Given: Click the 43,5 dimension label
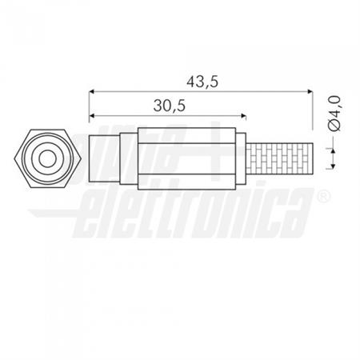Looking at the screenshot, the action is pyautogui.click(x=202, y=82).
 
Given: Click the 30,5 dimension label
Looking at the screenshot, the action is pyautogui.click(x=170, y=106).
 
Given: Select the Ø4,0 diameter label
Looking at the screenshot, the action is pyautogui.click(x=335, y=114).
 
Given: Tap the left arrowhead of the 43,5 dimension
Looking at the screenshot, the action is pyautogui.click(x=91, y=91).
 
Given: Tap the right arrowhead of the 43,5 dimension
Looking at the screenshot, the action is pyautogui.click(x=310, y=91).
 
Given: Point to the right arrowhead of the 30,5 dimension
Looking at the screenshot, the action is pyautogui.click(x=243, y=115).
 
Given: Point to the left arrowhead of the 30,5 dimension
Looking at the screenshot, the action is pyautogui.click(x=91, y=115).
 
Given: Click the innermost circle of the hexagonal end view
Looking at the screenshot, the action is pyautogui.click(x=47, y=159).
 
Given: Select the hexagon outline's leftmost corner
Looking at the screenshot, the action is pyautogui.click(x=14, y=159).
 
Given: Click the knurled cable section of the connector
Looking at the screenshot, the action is pyautogui.click(x=279, y=158).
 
